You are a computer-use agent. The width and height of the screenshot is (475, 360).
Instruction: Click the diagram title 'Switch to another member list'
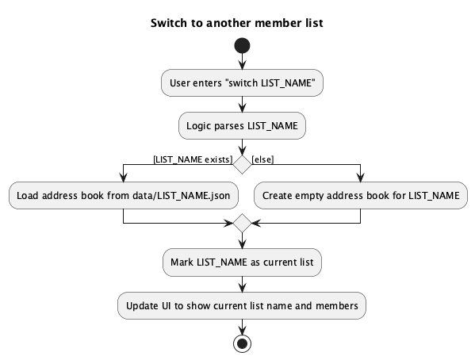pyautogui.click(x=237, y=23)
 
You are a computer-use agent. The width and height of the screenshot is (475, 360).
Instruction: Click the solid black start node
pyautogui.click(x=242, y=45)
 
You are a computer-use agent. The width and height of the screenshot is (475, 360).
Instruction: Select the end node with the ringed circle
pyautogui.click(x=242, y=343)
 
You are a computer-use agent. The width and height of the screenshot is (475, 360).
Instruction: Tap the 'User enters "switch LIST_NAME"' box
pyautogui.click(x=242, y=83)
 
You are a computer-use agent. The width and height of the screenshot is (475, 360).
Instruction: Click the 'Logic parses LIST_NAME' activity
pyautogui.click(x=242, y=125)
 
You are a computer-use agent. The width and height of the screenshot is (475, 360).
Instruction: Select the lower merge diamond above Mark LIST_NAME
pyautogui.click(x=242, y=223)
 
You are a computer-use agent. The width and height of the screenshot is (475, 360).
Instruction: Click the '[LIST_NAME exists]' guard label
pyautogui.click(x=193, y=159)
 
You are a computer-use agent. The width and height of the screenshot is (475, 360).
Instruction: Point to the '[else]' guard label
pyautogui.click(x=262, y=159)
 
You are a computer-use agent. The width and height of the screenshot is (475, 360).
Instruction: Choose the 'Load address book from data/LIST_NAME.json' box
pyautogui.click(x=124, y=196)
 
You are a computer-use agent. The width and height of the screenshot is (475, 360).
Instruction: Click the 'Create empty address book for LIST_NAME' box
pyautogui.click(x=360, y=196)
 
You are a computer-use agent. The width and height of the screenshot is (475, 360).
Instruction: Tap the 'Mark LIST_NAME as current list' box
pyautogui.click(x=242, y=262)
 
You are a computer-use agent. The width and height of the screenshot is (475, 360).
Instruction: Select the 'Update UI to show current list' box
pyautogui.click(x=242, y=304)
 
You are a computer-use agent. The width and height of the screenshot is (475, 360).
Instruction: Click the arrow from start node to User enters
pyautogui.click(x=242, y=62)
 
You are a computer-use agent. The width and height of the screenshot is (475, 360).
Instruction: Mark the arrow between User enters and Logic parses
pyautogui.click(x=242, y=104)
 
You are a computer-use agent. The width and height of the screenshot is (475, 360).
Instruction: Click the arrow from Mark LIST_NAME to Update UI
pyautogui.click(x=242, y=283)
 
